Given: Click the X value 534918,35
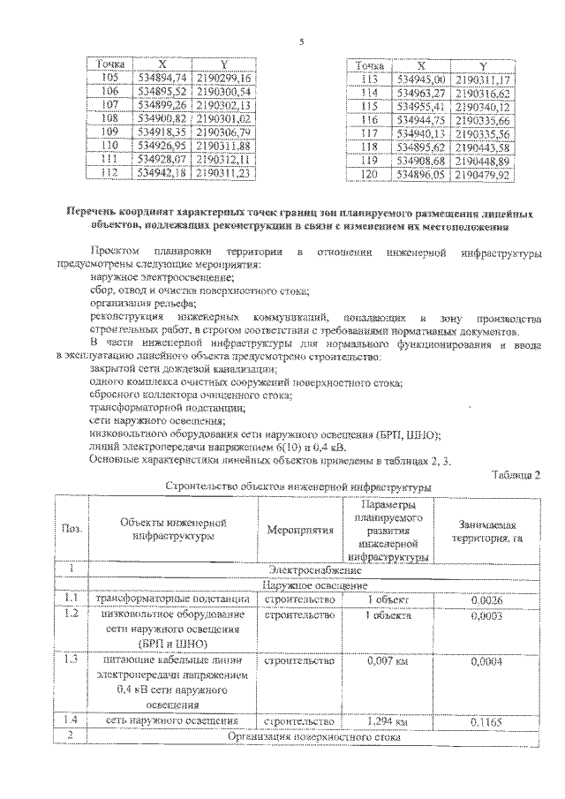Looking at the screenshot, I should [162, 130].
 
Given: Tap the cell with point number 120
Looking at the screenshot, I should [370, 174].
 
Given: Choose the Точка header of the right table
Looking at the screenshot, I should [370, 66].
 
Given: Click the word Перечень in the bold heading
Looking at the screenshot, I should [95, 212].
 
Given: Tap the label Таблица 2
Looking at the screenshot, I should [516, 474].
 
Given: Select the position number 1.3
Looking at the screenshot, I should [72, 660].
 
